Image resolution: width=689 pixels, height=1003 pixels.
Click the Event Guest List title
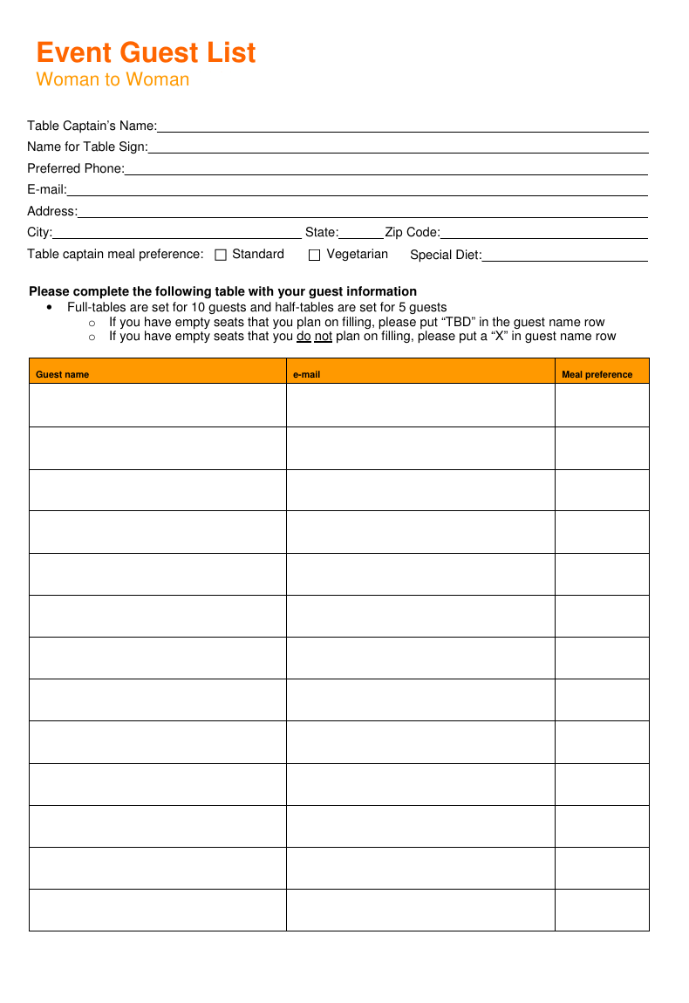146,53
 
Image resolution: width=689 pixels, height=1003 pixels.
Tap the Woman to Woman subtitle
113,80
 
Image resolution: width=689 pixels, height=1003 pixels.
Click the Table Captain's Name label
92,126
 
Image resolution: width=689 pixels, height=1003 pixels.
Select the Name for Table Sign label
87,147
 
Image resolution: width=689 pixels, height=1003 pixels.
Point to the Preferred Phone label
76,168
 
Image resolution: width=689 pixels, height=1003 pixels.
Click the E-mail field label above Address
47,190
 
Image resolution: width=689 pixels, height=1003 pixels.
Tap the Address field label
52,211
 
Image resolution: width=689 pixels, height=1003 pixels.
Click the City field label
39,233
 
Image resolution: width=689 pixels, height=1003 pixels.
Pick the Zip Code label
413,233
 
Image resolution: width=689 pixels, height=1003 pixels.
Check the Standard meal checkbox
221,256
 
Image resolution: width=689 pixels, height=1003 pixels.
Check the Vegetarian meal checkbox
315,256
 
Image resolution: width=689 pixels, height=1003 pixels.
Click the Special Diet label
446,256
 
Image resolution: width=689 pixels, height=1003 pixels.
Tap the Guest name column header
62,375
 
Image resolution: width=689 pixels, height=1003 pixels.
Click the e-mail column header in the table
306,375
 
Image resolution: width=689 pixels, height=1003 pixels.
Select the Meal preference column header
597,375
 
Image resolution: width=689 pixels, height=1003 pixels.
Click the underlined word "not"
324,337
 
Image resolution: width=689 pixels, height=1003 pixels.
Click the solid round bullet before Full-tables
48,308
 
